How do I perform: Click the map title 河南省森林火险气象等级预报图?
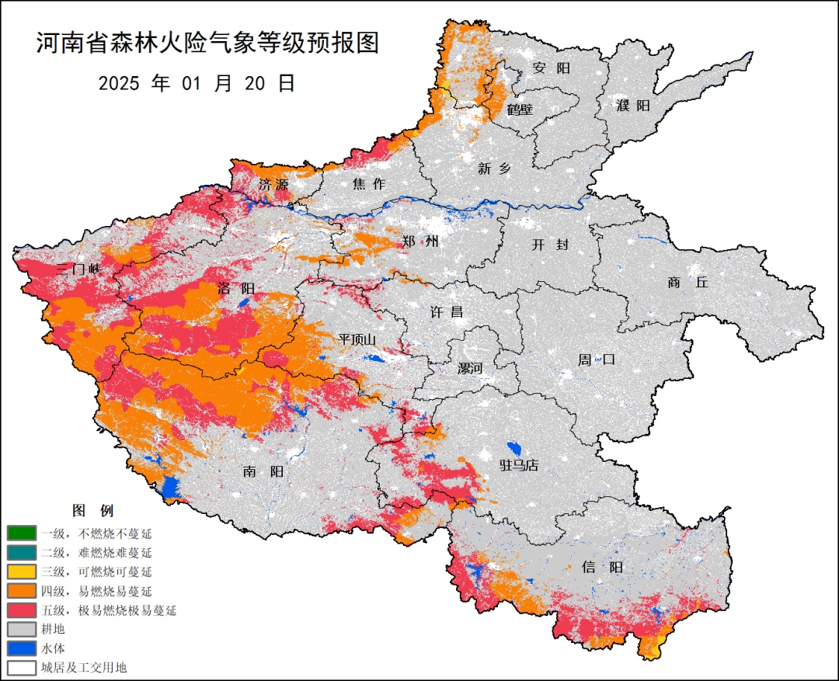coord(207,43)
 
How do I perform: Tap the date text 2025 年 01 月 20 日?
coord(197,84)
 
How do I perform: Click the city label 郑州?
coord(420,241)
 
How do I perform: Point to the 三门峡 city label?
coord(79,269)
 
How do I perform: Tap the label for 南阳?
coord(263,471)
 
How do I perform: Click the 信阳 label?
coord(602,567)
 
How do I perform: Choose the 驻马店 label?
coord(518,465)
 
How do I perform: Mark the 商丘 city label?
coord(688,283)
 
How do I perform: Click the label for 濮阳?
coord(632,106)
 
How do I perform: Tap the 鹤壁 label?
coord(520,109)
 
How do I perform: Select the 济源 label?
coord(273,185)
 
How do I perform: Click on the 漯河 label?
coord(469,368)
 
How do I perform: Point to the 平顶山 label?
coord(357,339)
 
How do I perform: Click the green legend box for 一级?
coord(21,533)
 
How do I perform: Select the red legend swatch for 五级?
coord(21,610)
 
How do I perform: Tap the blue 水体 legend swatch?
coord(21,648)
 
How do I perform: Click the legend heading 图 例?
coord(92,511)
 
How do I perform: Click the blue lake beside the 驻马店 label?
coord(512,449)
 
